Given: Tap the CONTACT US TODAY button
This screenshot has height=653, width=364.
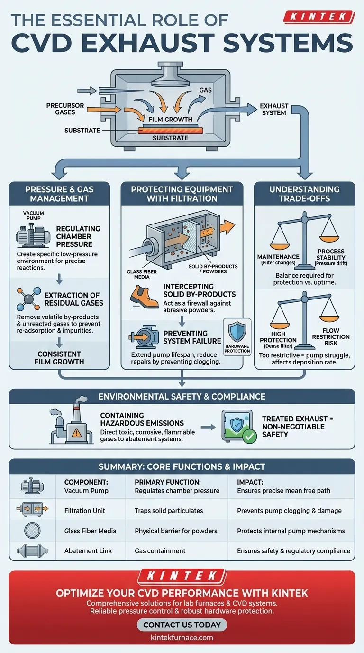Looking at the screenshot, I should [182, 625].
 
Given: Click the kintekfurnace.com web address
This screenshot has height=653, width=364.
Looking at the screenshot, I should [182, 637].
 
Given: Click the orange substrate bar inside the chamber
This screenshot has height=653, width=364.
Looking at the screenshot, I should [169, 130].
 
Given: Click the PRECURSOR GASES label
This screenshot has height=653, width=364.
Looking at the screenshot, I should [65, 109].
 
